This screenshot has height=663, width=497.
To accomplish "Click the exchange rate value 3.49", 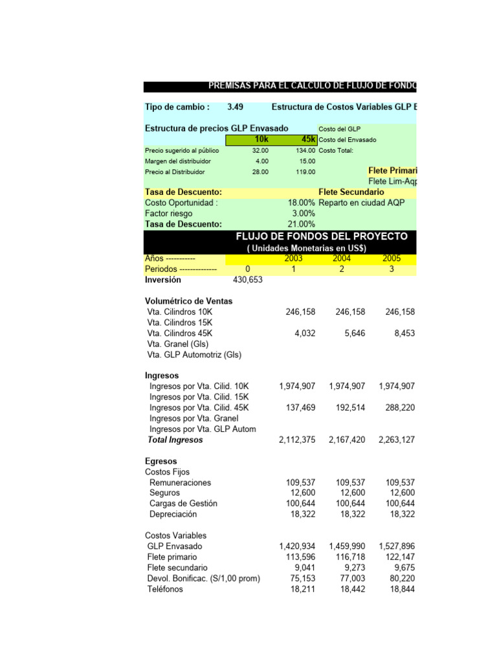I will pos(236,107).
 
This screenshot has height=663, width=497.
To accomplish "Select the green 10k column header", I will pos(261,139).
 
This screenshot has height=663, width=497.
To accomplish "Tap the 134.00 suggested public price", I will pos(305,150).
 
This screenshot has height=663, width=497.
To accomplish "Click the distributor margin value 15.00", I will pos(307,161).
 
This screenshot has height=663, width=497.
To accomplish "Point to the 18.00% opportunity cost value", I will pos(302,203).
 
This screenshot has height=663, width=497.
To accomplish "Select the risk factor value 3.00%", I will pos(304,214).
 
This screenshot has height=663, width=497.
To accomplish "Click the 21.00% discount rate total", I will pos(302,224).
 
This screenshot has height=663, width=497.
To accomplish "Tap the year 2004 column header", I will pos(342,258).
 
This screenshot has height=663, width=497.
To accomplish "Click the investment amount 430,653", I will pos(247,280).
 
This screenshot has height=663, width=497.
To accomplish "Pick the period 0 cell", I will pos(247,269).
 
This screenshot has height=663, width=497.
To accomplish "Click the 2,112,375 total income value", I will pos(297,440).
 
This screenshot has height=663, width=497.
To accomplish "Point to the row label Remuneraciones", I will pos(180,482).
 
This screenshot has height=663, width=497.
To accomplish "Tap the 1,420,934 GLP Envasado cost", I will pos(297,546).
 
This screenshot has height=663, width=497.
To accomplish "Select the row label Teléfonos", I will pos(165,589).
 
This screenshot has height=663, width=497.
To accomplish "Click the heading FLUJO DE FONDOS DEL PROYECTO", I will pos(322,236).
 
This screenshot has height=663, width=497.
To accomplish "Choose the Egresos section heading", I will pos(160,461).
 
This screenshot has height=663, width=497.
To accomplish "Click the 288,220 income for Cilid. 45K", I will pos(397,408).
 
